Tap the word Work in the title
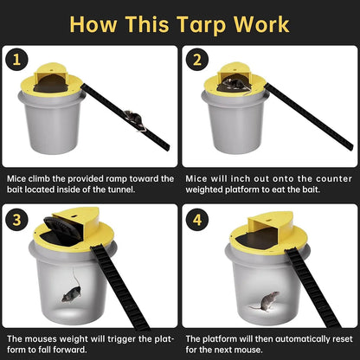(x=261, y=22)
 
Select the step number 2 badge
(x=197, y=60)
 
